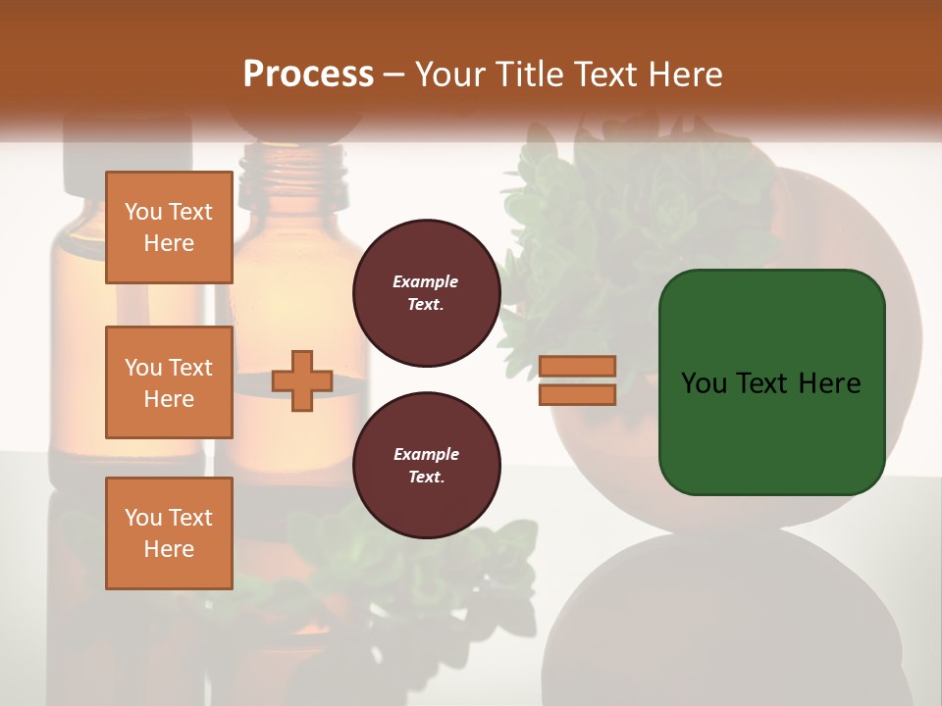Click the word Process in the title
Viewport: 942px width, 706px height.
click(308, 75)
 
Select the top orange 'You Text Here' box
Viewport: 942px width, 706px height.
click(169, 227)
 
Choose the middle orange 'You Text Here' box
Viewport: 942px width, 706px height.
click(169, 382)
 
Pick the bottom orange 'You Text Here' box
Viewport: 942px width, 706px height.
click(169, 533)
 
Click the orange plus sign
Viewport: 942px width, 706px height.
click(302, 380)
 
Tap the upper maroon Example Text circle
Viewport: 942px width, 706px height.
click(426, 293)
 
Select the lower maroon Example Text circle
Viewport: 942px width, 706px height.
click(426, 466)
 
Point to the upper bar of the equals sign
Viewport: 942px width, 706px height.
click(578, 366)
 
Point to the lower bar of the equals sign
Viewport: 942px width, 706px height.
click(578, 394)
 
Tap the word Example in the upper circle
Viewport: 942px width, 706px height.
click(426, 281)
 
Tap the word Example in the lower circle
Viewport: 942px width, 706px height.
click(426, 454)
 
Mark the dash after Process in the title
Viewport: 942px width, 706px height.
click(392, 76)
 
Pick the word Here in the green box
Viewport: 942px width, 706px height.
click(829, 383)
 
